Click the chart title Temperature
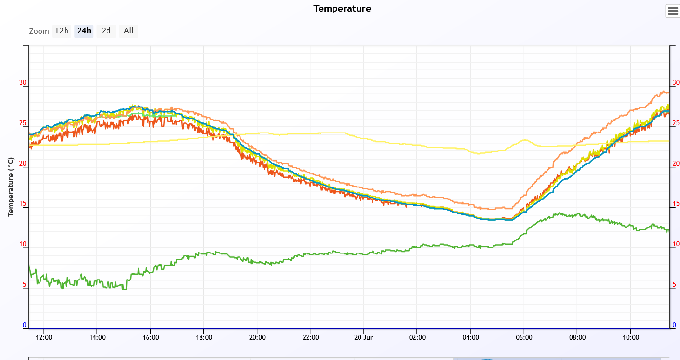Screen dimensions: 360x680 [x=342, y=9]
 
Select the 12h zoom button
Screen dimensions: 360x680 [x=62, y=31]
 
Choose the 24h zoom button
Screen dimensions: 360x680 [x=84, y=31]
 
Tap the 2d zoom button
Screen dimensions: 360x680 [x=106, y=31]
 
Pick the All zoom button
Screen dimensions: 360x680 [x=128, y=31]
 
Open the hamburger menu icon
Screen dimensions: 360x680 [x=673, y=11]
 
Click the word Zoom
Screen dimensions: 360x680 [x=39, y=31]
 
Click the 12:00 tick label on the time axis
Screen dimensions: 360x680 [x=44, y=337]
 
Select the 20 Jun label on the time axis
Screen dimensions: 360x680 [x=363, y=337]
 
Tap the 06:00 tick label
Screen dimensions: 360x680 [x=524, y=337]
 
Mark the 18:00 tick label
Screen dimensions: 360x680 [x=204, y=337]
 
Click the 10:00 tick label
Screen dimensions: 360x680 [x=631, y=337]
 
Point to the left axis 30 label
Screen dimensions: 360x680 [x=23, y=83]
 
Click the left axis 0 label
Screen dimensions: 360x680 [x=25, y=325]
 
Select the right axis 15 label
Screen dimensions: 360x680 [x=676, y=204]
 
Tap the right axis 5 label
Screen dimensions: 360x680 [x=674, y=285]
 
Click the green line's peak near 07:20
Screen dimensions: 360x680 [x=559, y=213]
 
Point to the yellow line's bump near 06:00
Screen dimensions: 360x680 [x=524, y=140]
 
